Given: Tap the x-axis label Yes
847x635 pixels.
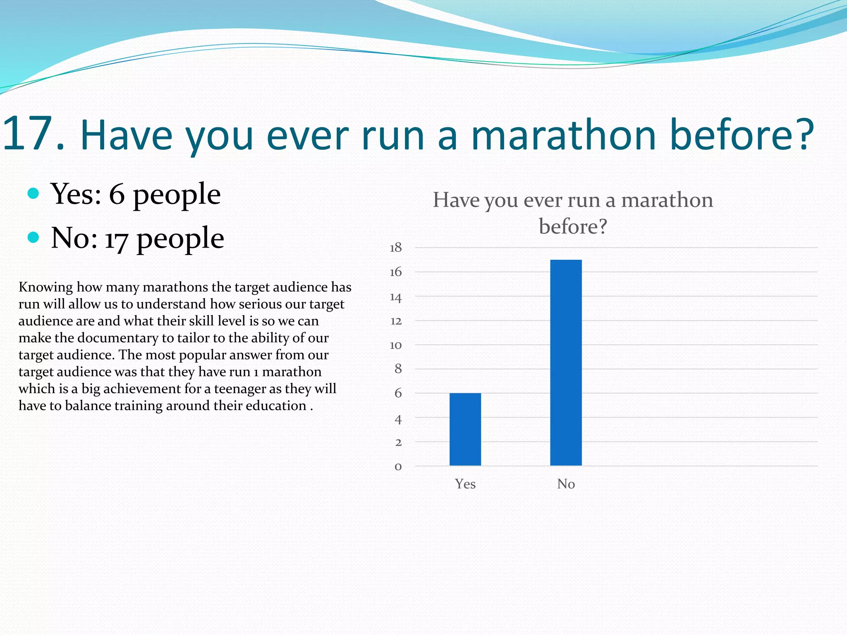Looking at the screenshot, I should click(x=465, y=484).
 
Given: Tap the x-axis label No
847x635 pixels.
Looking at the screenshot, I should click(x=566, y=484).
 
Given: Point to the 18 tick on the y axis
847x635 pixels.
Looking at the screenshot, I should click(x=396, y=248).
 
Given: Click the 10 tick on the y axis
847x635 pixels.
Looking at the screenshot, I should click(x=396, y=345).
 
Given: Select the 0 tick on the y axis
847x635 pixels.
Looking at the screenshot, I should click(x=398, y=467).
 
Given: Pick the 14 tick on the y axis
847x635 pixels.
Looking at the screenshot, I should click(x=396, y=297).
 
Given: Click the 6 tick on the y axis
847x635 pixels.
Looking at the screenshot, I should click(x=398, y=393).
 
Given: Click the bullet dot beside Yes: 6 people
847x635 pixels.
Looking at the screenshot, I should click(x=33, y=193).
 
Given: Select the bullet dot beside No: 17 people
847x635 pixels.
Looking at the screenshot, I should click(x=33, y=237).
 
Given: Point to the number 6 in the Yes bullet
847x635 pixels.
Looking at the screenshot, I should click(x=117, y=194).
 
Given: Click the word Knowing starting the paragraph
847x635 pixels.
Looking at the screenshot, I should click(x=45, y=287).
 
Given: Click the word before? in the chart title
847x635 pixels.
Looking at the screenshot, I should click(x=573, y=227).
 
